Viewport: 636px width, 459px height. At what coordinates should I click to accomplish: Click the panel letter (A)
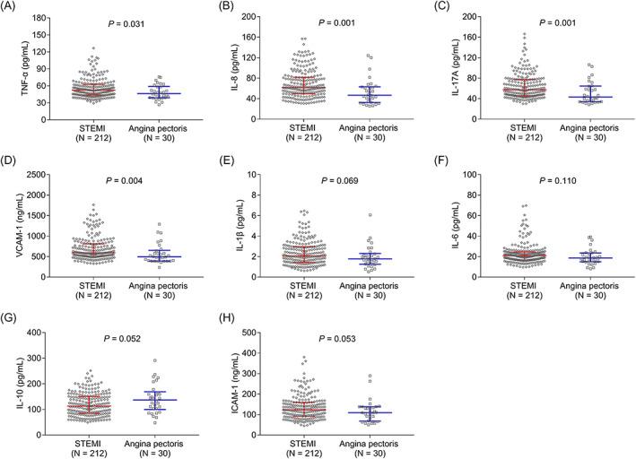pyautogui.click(x=13, y=7)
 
